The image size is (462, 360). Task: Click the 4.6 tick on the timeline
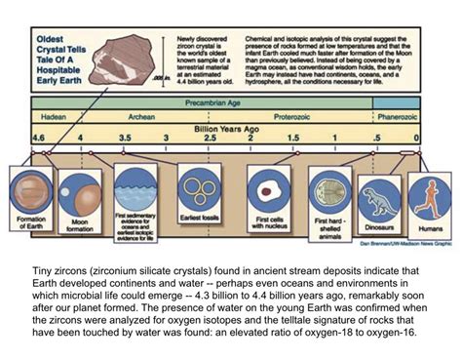[37, 140]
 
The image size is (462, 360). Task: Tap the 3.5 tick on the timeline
[125, 140]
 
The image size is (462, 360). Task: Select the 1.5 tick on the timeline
[292, 140]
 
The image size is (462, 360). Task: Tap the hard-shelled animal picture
[326, 188]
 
